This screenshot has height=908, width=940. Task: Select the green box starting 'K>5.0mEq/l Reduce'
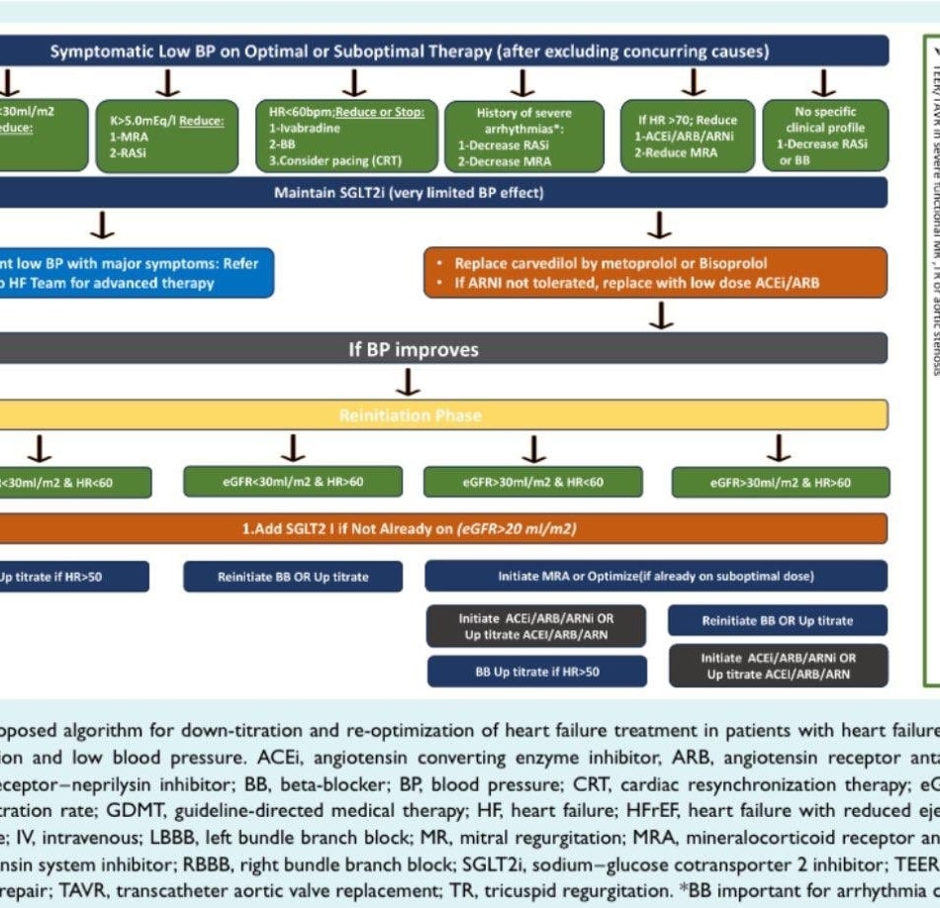(166, 136)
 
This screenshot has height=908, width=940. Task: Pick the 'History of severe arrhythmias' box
(523, 136)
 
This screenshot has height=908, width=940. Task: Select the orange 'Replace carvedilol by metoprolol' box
(657, 273)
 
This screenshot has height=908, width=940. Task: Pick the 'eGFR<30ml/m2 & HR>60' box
(293, 482)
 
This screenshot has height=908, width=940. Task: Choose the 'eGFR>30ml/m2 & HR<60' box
(534, 482)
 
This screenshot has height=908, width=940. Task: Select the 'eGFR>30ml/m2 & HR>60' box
(780, 482)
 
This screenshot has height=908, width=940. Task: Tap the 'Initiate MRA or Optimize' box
(657, 576)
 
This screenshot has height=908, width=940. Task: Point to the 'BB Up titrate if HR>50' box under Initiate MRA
(537, 671)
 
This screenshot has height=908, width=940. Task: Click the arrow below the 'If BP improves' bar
(408, 382)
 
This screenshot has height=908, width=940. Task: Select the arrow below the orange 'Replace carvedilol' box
(661, 315)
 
